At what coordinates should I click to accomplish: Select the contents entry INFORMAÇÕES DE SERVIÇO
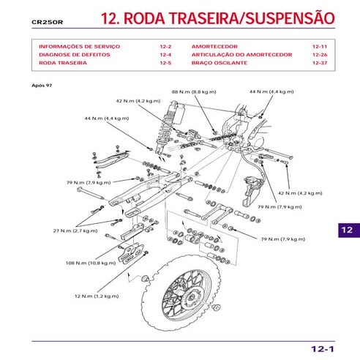(80, 46)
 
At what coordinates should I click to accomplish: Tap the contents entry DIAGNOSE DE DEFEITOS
(74, 55)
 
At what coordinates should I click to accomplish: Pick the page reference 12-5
(165, 64)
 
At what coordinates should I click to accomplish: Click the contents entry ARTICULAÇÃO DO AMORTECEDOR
(241, 55)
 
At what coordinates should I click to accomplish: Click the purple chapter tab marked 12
(347, 230)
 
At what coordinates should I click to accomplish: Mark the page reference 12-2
(165, 46)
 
